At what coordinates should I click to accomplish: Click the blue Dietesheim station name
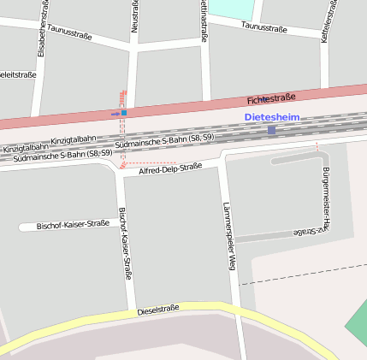point(272,116)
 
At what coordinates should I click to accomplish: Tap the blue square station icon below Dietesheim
point(272,130)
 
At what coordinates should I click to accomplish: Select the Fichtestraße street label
point(271,99)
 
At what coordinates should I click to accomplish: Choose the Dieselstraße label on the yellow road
point(158,310)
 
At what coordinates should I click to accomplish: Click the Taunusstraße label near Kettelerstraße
point(263,27)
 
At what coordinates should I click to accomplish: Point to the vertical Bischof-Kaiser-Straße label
point(125,244)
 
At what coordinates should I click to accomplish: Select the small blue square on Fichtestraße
point(123,112)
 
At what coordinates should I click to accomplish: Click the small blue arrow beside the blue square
point(115,113)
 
